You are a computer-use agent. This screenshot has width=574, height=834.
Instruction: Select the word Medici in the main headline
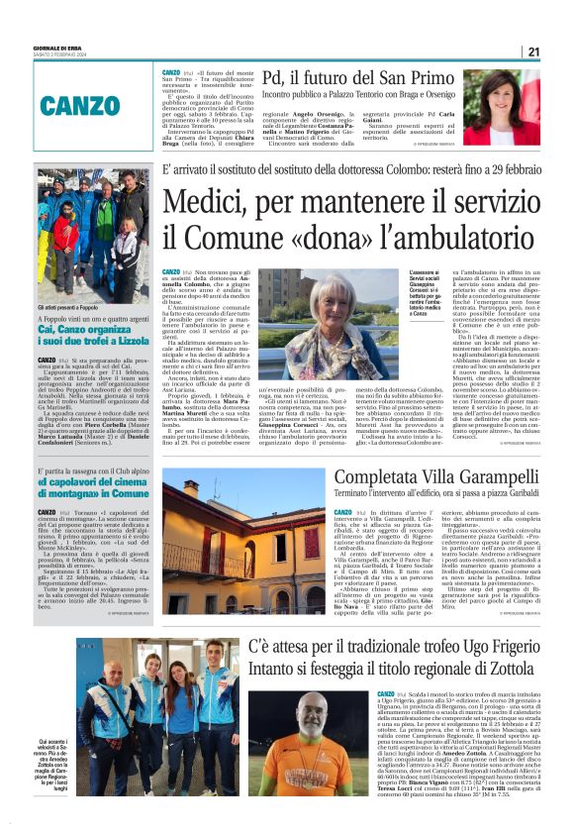coord(212,203)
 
